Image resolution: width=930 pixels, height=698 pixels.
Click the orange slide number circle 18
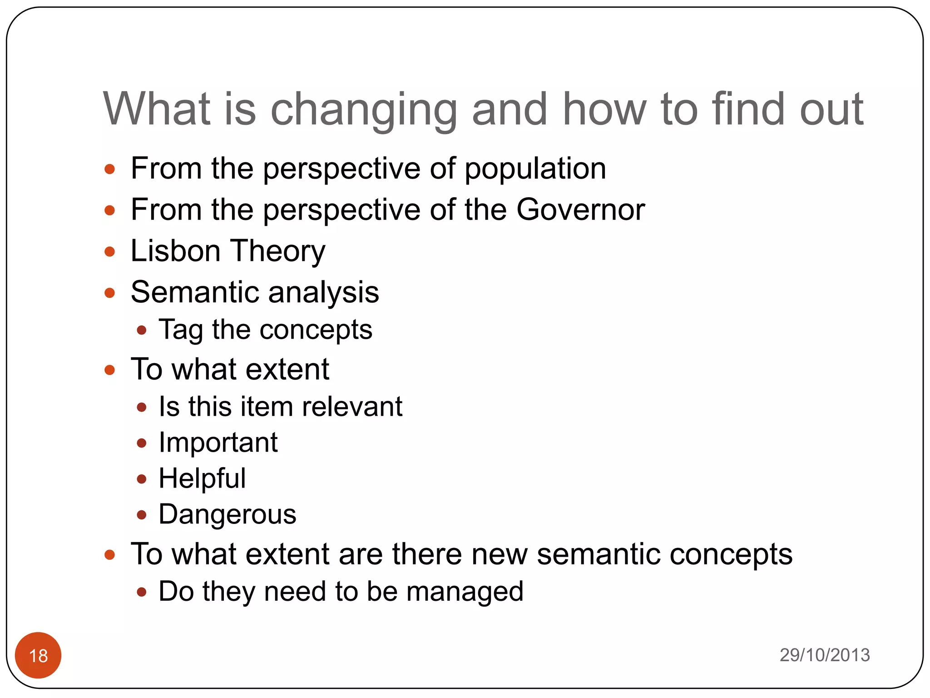click(38, 655)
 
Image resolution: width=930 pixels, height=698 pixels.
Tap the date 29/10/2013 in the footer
click(824, 655)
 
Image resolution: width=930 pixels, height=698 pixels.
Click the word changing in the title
click(363, 110)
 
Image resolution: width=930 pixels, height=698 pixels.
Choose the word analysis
click(323, 292)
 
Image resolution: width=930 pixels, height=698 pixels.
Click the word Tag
click(180, 330)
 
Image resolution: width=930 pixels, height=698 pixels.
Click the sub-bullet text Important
click(218, 443)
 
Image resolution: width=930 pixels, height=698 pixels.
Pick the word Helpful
click(202, 478)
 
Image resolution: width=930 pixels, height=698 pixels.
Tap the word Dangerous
click(227, 515)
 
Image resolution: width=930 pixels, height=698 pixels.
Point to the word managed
click(465, 592)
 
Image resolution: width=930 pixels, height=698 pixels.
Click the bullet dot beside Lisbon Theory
click(110, 251)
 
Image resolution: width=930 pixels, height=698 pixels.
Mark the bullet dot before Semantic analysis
click(110, 292)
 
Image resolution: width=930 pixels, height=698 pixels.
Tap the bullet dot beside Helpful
click(142, 479)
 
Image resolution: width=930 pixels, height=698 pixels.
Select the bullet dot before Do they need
click(142, 592)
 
